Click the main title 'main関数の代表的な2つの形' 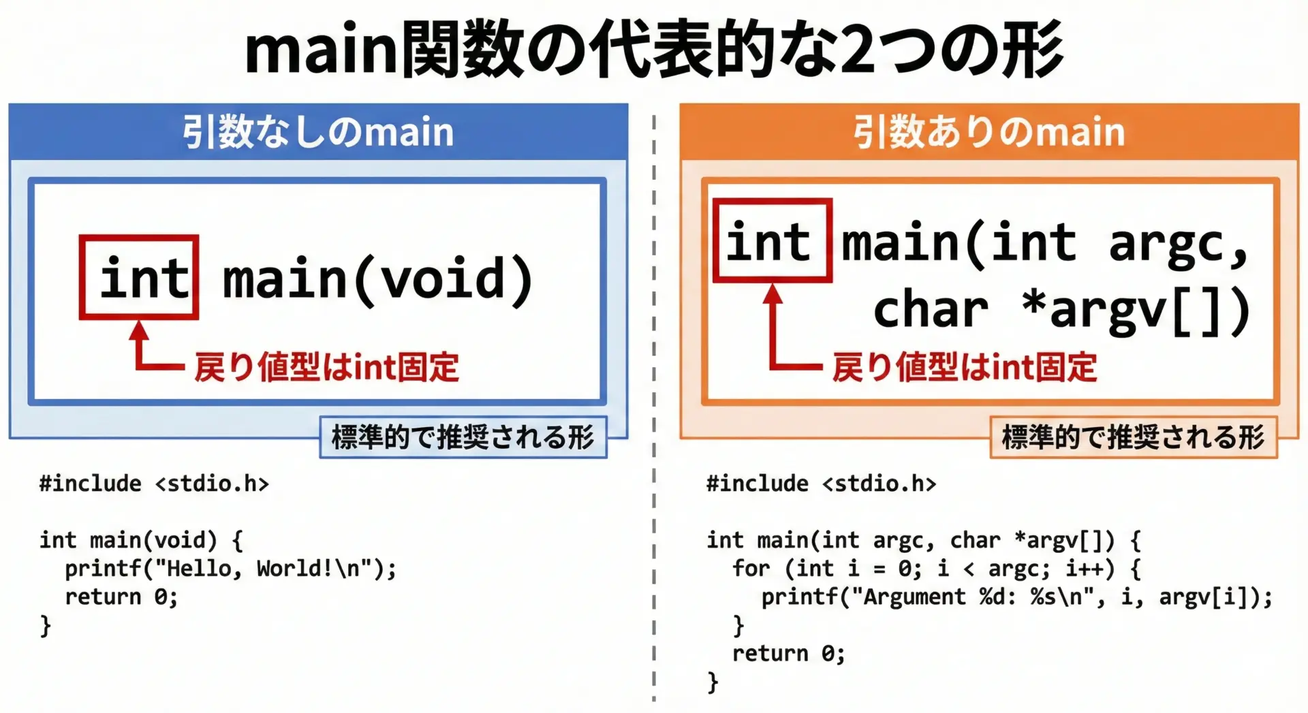coord(654,49)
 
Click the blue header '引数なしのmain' coord(318,131)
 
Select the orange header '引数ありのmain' coord(989,131)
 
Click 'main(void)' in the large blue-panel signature coord(379,279)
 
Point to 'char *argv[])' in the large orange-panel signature coord(1062,311)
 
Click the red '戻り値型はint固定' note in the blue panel coord(326,367)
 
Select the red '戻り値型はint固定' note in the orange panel coord(965,367)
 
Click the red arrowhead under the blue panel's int coord(139,330)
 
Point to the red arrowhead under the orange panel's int coord(773,294)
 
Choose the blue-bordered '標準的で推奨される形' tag coord(463,437)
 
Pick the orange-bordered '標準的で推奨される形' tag coord(1134,437)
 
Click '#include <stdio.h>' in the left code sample coord(154,484)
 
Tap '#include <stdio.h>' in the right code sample coord(822,484)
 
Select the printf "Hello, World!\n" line coord(231,569)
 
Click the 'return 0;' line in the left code coord(121,597)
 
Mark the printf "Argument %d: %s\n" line coord(1017,597)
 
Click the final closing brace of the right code coord(713,682)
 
